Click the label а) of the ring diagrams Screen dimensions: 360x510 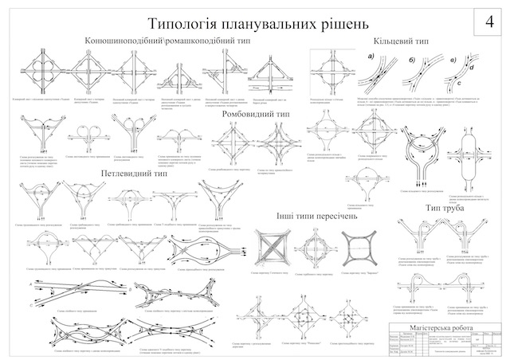tap(371, 57)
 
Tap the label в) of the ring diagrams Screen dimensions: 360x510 tap(454, 57)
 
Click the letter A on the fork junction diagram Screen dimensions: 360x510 tap(30, 284)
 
